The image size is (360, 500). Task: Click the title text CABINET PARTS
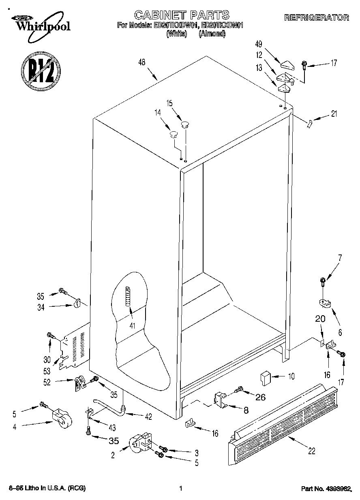[181, 15]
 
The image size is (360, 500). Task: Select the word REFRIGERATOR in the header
[316, 18]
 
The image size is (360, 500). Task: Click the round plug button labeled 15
[185, 125]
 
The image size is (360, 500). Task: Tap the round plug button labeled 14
[173, 134]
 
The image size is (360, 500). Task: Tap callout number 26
[260, 397]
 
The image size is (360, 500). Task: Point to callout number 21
[334, 114]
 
